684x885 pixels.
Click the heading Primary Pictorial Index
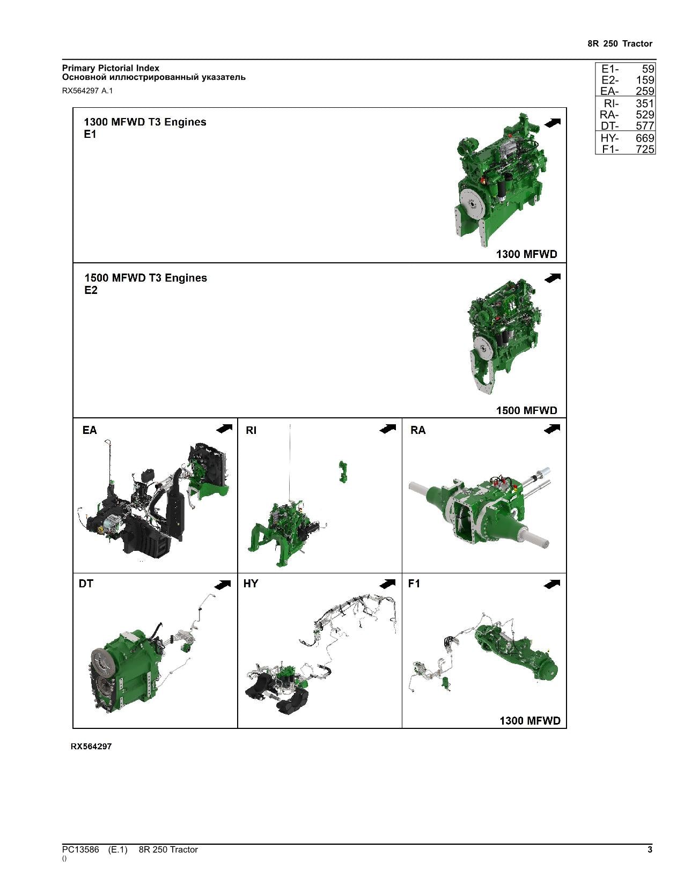(111, 68)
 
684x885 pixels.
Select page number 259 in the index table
(645, 91)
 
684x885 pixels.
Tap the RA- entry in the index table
(609, 115)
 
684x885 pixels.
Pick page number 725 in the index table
(645, 150)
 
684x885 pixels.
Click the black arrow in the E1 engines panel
(553, 122)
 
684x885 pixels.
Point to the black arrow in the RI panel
(387, 429)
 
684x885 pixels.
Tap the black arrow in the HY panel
(387, 584)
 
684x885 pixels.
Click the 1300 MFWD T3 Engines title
(145, 122)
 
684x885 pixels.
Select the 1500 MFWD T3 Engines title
(146, 278)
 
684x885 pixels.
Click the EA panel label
(90, 430)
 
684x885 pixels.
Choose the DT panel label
(86, 584)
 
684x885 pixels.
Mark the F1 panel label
(414, 584)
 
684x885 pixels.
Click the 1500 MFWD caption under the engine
(526, 410)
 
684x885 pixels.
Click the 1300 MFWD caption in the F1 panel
(530, 721)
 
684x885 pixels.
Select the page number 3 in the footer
(650, 849)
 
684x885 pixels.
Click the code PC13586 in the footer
(80, 849)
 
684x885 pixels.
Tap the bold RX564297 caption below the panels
(91, 747)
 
